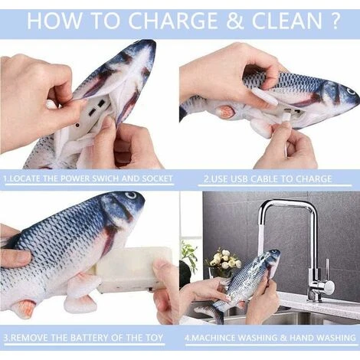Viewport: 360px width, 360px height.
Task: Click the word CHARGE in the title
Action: tap(172, 21)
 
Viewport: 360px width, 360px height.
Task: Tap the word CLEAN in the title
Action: tap(287, 21)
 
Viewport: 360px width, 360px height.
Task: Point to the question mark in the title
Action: tap(334, 21)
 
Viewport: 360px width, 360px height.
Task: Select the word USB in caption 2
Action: tap(239, 178)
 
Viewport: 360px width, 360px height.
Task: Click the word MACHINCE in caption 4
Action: tap(213, 338)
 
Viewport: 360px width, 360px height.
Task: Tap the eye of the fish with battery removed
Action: tap(131, 195)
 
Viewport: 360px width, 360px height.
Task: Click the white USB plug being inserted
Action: tap(285, 119)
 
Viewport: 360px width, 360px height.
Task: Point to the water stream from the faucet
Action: tap(261, 234)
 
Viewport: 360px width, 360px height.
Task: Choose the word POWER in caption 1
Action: tap(76, 178)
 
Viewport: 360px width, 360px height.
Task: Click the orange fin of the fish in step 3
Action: tap(25, 307)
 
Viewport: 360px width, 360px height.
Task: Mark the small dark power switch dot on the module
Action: tap(77, 126)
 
